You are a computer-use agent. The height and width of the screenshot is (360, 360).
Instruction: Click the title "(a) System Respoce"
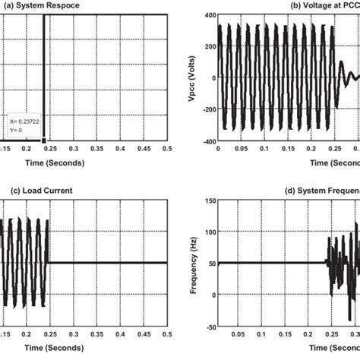click(x=39, y=6)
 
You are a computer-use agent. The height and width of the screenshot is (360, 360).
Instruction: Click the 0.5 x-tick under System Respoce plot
click(x=168, y=150)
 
